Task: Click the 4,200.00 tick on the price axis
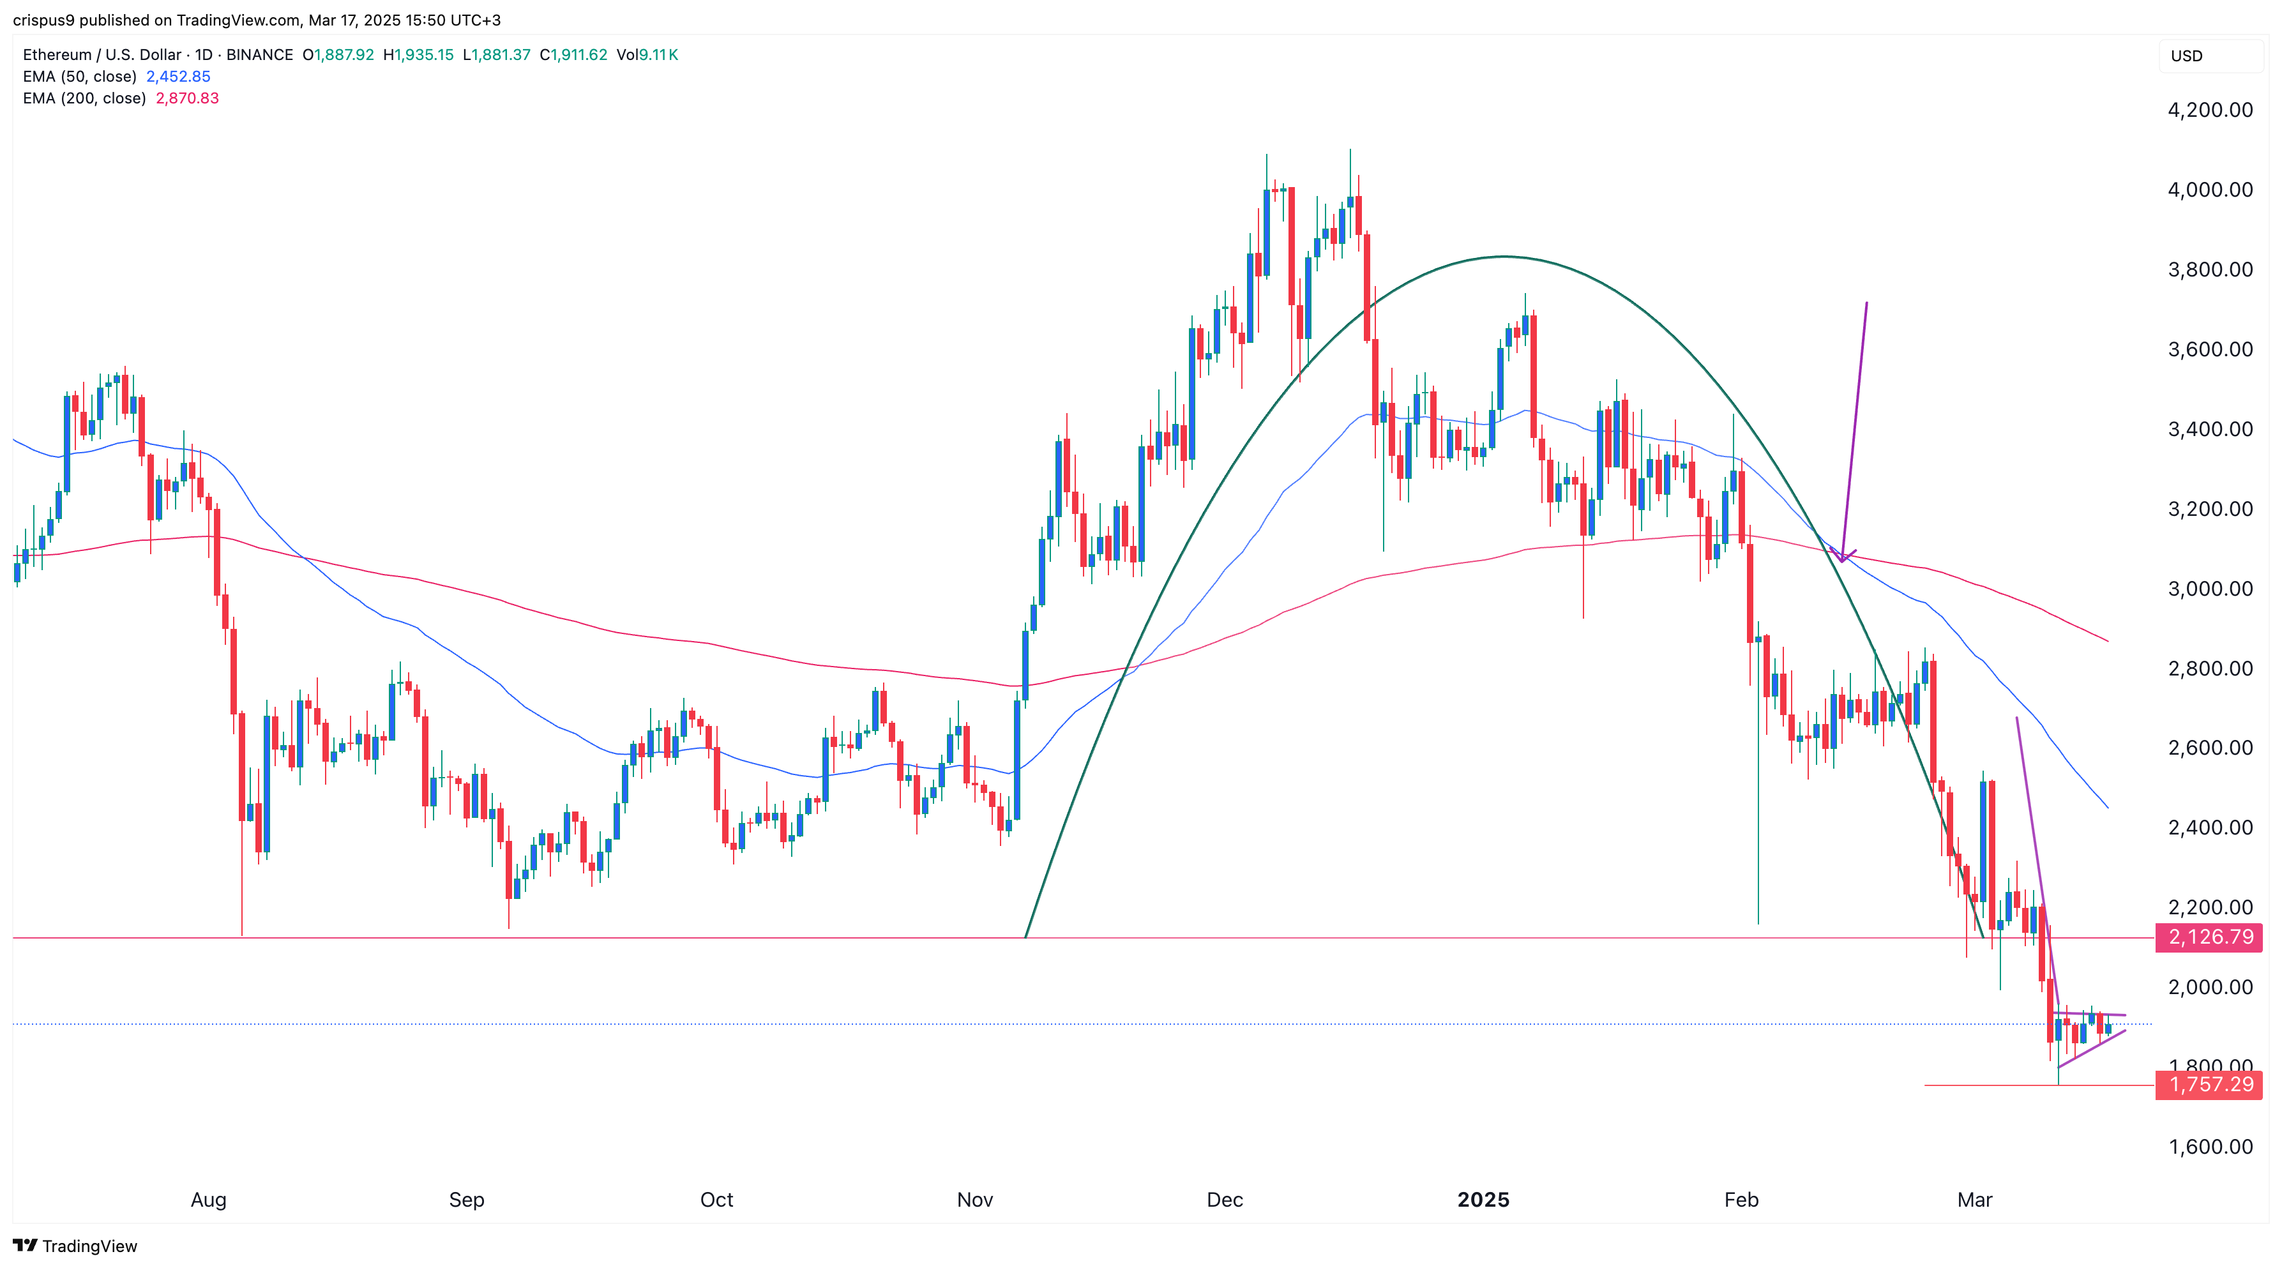2209,110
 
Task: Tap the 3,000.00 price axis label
2209,589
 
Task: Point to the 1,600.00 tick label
2209,1147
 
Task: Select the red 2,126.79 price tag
2209,937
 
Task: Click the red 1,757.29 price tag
2209,1085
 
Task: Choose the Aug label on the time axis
208,1200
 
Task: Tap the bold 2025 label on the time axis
1483,1200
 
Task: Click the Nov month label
974,1200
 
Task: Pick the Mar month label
1975,1200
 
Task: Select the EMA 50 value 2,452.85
178,76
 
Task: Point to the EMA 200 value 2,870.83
187,98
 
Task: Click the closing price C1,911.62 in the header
574,55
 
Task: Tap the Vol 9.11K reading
647,55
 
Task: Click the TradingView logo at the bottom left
75,1246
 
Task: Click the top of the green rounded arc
1503,257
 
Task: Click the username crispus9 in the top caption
43,20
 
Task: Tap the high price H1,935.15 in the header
418,55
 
